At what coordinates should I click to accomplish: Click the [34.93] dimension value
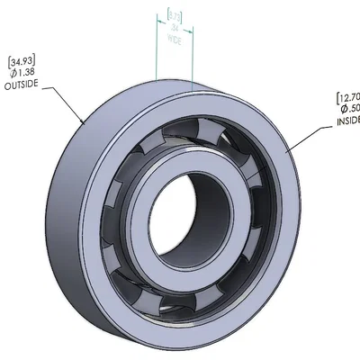(22, 60)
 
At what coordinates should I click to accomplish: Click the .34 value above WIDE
(175, 29)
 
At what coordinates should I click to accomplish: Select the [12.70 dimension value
(346, 97)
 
